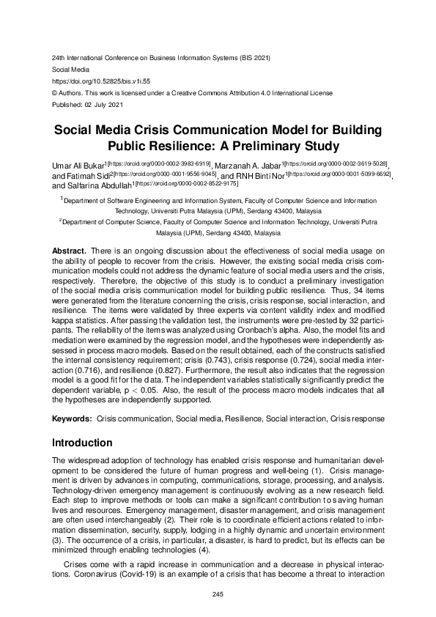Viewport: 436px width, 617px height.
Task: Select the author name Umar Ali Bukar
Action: pyautogui.click(x=82, y=163)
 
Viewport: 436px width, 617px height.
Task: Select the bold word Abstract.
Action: pyautogui.click(x=69, y=251)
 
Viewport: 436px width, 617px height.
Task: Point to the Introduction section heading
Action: pyautogui.click(x=82, y=443)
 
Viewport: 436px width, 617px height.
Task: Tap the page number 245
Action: pyautogui.click(x=218, y=594)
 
